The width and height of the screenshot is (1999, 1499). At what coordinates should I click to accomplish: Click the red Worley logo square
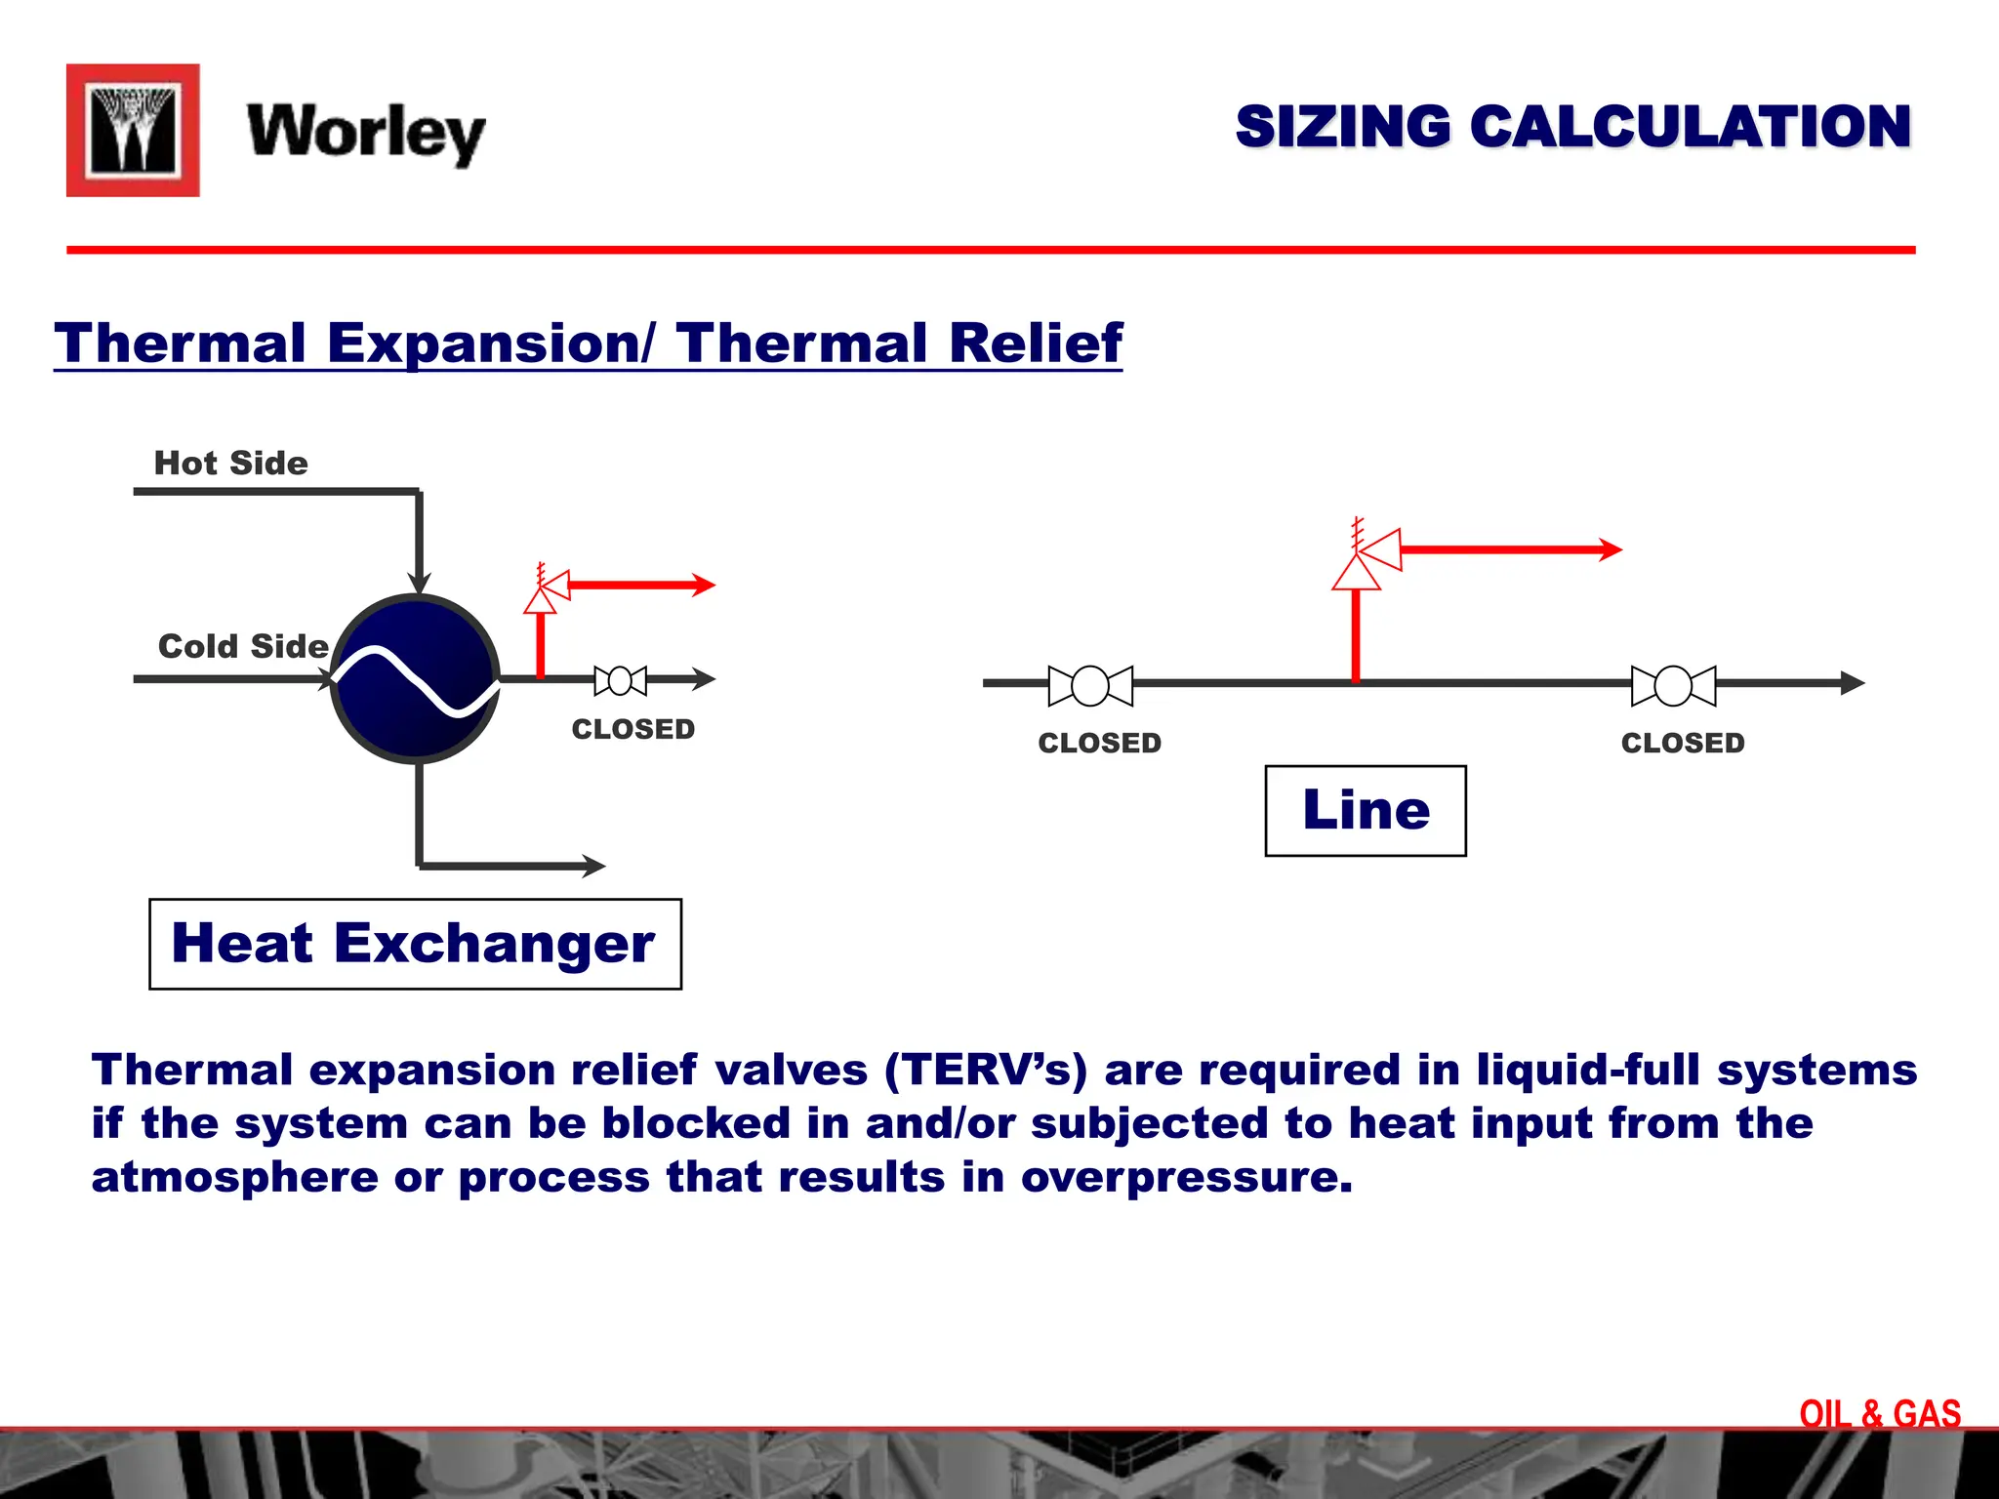point(133,131)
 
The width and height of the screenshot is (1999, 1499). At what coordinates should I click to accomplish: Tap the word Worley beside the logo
point(366,133)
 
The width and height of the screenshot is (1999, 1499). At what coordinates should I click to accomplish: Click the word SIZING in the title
point(1343,127)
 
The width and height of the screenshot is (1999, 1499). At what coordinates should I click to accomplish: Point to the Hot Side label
point(230,463)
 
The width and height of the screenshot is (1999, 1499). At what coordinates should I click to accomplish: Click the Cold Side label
point(243,646)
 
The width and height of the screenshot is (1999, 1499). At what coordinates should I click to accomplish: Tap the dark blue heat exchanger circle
point(416,678)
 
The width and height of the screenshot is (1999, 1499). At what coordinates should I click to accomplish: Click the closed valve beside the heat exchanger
point(620,680)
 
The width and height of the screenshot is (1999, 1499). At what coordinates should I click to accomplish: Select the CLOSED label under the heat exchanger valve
point(632,729)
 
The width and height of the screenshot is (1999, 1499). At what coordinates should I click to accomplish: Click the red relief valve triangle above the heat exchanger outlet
point(541,599)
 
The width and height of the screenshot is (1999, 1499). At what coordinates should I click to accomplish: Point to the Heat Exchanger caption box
point(415,944)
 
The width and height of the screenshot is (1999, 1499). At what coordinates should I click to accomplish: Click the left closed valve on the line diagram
point(1090,685)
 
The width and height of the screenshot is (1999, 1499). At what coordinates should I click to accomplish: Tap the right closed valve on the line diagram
point(1673,685)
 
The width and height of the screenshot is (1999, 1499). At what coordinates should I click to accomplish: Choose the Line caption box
point(1366,810)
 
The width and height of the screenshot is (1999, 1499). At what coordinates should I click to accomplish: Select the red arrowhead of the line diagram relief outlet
point(1611,549)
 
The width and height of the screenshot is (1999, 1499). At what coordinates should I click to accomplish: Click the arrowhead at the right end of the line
point(1852,683)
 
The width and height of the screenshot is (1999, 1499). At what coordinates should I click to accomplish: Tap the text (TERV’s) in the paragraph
point(986,1070)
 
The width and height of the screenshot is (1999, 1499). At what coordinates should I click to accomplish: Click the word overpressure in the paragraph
point(1187,1177)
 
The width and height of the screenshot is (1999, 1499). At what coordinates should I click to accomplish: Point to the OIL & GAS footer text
point(1880,1413)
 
